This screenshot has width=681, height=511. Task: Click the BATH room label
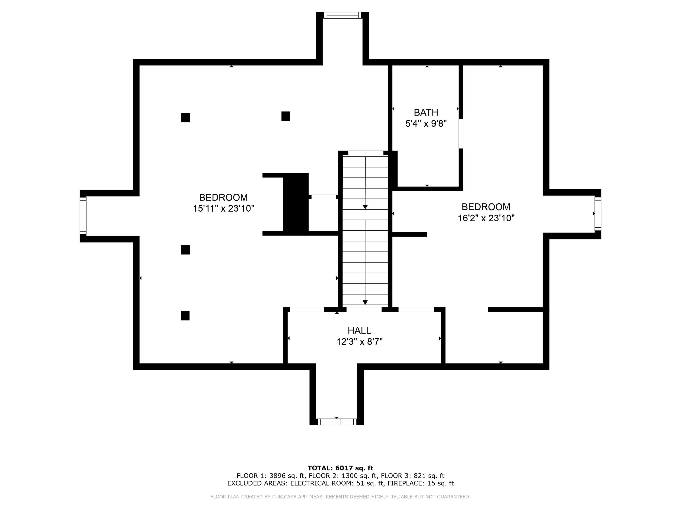pyautogui.click(x=426, y=112)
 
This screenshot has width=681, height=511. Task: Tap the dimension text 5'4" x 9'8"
pyautogui.click(x=426, y=124)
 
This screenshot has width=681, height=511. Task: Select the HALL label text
pyautogui.click(x=359, y=330)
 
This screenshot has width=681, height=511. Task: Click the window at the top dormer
pyautogui.click(x=342, y=15)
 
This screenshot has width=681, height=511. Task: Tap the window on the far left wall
pyautogui.click(x=83, y=216)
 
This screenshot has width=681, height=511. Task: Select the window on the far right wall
pyautogui.click(x=598, y=214)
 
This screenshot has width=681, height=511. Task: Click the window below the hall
pyautogui.click(x=337, y=422)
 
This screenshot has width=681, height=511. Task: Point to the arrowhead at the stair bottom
pyautogui.click(x=365, y=303)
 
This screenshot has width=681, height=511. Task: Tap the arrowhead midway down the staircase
pyautogui.click(x=365, y=207)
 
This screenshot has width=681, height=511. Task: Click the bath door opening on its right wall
pyautogui.click(x=461, y=134)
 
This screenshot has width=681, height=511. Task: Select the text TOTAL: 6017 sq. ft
pyautogui.click(x=340, y=468)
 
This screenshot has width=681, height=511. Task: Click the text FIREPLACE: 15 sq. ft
pyautogui.click(x=421, y=483)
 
